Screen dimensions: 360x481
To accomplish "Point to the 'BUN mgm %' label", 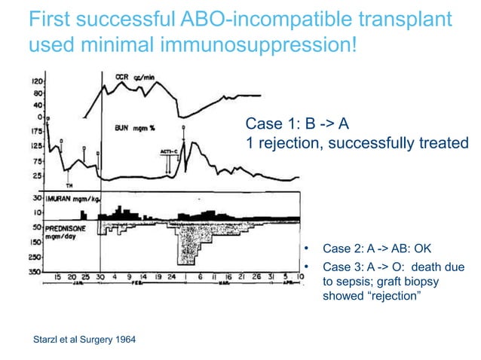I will point(135,128).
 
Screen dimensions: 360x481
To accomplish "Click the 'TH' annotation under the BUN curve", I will point(69,185).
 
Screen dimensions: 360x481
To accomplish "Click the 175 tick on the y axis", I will point(36,130).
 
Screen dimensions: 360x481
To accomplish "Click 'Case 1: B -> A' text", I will point(297,124).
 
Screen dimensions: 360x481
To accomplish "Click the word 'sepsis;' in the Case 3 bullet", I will point(357,281).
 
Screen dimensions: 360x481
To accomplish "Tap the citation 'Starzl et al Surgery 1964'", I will point(81,340).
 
